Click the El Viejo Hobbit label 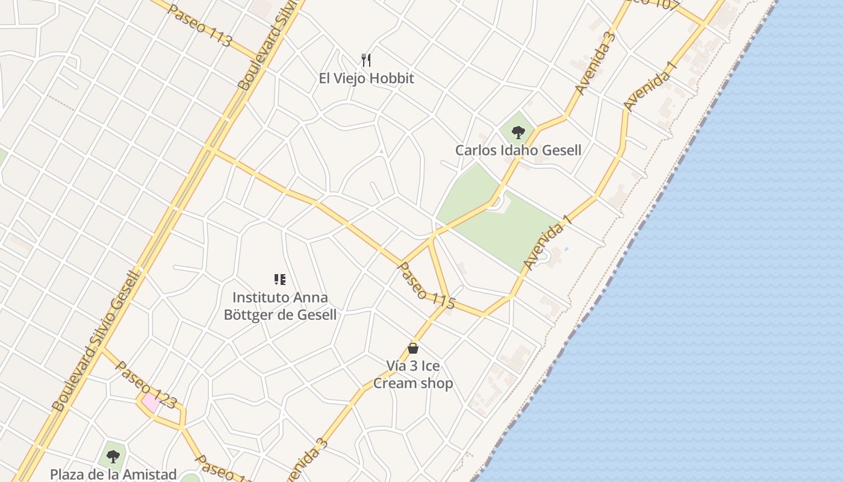(367, 78)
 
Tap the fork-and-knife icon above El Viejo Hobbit (366, 60)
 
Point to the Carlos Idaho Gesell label (518, 150)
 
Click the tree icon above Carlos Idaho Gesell (517, 132)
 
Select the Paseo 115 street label (426, 286)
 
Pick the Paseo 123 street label (146, 385)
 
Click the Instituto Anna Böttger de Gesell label (280, 306)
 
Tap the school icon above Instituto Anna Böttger (279, 279)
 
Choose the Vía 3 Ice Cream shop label (413, 374)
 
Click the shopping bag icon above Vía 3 (413, 348)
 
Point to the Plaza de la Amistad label (113, 475)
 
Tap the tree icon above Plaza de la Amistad (113, 457)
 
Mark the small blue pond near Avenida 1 (566, 249)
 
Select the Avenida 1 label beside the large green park (546, 245)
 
